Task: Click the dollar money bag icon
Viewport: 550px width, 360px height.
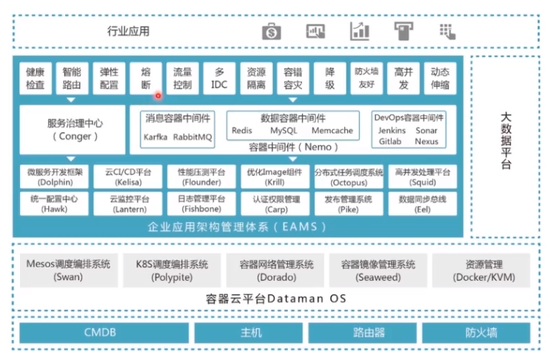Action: [272, 32]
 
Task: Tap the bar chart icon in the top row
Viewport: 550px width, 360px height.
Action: [360, 31]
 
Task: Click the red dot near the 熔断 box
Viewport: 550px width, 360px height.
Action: [158, 96]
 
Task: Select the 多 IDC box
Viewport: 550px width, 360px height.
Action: [219, 79]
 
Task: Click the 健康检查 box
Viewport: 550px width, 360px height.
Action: [36, 79]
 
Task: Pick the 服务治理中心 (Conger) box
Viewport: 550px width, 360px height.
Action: [73, 130]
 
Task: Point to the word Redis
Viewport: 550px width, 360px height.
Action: [241, 130]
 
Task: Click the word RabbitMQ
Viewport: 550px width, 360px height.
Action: [192, 137]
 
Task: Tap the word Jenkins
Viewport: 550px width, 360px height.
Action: [392, 130]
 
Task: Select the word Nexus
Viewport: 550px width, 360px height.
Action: [426, 141]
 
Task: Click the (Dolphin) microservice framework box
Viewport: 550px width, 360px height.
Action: [54, 177]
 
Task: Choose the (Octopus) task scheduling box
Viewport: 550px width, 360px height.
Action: [349, 177]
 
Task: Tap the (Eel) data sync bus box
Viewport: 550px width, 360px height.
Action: [423, 204]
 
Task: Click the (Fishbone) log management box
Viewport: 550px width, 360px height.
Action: [201, 204]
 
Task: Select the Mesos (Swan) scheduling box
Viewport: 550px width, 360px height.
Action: [69, 270]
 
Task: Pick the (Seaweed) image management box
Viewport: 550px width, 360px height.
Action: [378, 270]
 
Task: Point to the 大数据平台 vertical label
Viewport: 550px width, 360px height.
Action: [506, 140]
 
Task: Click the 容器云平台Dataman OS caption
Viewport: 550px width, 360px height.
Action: [276, 299]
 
